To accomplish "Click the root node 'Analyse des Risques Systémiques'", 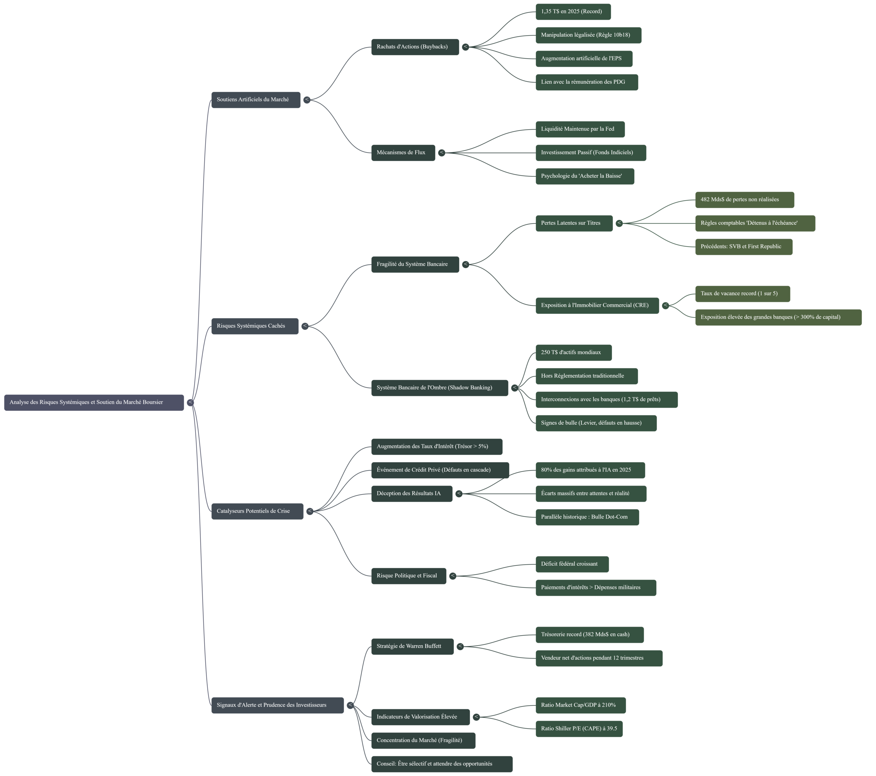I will coord(94,402).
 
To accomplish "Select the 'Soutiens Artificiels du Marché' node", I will coord(255,100).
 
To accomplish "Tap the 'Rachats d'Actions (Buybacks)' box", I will coord(414,47).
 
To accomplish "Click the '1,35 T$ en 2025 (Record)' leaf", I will coord(572,12).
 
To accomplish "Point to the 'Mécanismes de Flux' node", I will coord(403,153).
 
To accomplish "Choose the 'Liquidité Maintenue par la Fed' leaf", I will coord(579,129).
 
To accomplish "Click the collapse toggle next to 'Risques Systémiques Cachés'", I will coord(305,326).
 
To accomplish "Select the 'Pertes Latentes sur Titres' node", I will coord(574,223).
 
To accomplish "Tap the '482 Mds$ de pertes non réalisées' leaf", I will coord(744,199).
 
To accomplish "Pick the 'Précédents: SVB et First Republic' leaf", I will coord(743,247).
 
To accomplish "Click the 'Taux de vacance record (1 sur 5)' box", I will coord(742,294).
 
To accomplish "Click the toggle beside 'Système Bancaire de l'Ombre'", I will coord(515,388).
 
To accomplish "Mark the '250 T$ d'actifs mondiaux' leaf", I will coord(573,353).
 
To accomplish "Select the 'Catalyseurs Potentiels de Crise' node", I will coord(257,511).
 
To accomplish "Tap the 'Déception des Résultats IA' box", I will coord(411,494).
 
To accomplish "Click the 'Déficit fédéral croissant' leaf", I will coord(571,564).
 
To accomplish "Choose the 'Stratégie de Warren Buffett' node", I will coord(412,647).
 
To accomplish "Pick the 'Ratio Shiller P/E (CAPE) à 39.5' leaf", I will coord(579,729).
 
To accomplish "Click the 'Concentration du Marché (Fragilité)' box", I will coord(423,740).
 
